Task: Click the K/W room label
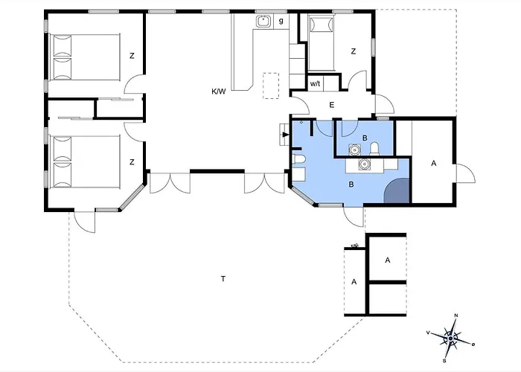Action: (219, 92)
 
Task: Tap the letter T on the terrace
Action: (223, 279)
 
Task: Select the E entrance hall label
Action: (332, 105)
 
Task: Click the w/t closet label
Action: (315, 83)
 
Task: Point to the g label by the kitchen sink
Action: (281, 21)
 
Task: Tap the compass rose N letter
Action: (456, 315)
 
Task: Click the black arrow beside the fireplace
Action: (286, 135)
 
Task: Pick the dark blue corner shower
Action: (397, 190)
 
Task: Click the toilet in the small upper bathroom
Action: (374, 149)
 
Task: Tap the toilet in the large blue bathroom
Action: (298, 160)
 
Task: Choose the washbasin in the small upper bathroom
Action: (354, 150)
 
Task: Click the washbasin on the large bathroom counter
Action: (365, 164)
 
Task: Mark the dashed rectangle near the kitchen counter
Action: (271, 86)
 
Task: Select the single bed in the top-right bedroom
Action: (322, 43)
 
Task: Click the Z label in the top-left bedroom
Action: (132, 56)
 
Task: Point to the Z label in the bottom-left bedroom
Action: (132, 162)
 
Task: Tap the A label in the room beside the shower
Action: (434, 164)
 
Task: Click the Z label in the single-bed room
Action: (354, 51)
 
